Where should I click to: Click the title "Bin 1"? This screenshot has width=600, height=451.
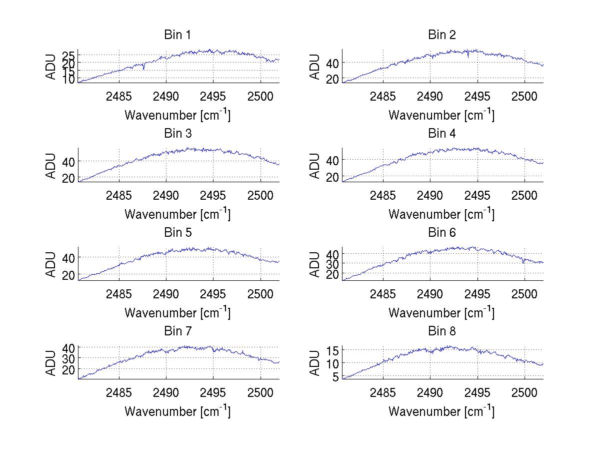(x=177, y=35)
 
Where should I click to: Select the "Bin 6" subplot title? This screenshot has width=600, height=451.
(x=442, y=233)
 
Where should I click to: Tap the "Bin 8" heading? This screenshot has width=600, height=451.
(x=442, y=331)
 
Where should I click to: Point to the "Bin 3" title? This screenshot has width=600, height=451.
(x=177, y=134)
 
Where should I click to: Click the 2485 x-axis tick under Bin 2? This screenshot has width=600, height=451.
(x=383, y=96)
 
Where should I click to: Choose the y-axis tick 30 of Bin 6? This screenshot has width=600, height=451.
(x=333, y=263)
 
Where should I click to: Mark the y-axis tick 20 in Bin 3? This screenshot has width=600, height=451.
(x=69, y=178)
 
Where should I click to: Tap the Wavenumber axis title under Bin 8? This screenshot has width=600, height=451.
(x=441, y=411)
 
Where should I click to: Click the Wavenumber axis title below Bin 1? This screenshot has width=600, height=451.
(x=177, y=115)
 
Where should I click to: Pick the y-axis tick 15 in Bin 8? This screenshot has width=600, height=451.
(x=333, y=349)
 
